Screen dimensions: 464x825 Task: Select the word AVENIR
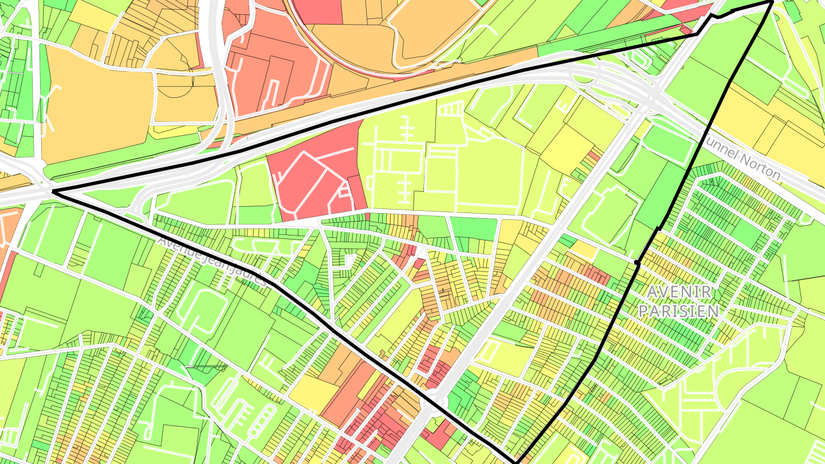679,292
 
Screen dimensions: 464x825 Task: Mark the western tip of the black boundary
53,191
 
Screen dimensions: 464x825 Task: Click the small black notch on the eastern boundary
637,262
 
